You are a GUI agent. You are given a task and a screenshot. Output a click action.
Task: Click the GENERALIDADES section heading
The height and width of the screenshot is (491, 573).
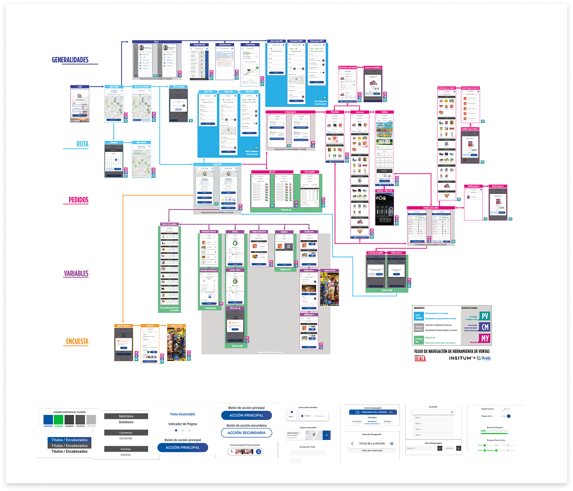tap(70, 60)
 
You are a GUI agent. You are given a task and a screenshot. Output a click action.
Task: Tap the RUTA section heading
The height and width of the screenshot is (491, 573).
tap(82, 144)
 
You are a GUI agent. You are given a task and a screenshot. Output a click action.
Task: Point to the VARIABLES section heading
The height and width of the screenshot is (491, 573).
tap(76, 273)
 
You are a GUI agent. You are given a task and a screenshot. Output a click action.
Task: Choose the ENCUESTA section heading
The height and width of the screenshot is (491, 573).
tap(77, 342)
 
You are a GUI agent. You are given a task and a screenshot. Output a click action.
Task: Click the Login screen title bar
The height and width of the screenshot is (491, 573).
tap(79, 86)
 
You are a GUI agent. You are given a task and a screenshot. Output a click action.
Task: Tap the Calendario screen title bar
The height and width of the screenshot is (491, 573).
tap(114, 143)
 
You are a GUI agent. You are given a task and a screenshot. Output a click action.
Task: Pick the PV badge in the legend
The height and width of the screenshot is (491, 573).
tap(485, 317)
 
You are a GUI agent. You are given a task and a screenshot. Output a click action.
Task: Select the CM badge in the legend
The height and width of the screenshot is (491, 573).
tap(485, 328)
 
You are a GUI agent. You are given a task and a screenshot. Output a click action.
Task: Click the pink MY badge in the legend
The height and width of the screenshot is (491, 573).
tap(485, 339)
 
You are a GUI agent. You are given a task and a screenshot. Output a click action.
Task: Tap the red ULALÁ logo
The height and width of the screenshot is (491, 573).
tap(420, 358)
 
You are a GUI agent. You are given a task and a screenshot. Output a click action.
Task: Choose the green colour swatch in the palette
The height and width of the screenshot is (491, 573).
tap(58, 420)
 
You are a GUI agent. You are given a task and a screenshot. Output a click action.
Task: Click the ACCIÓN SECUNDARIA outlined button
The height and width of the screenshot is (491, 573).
tap(246, 433)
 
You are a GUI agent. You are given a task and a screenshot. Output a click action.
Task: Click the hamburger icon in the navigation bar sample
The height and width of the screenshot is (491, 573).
tap(391, 444)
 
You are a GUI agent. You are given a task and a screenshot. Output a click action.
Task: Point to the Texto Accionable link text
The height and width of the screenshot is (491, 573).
tap(182, 414)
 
